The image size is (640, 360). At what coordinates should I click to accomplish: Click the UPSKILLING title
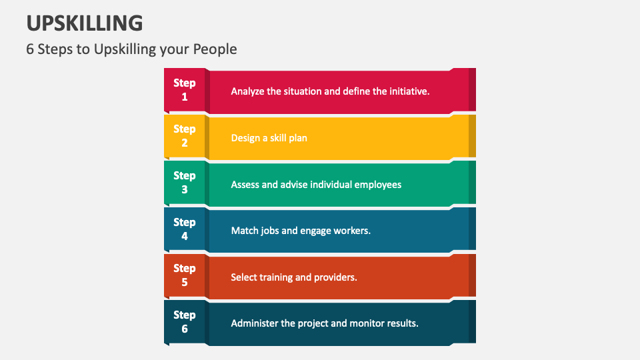pos(85,23)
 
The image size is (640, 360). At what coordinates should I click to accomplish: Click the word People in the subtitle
pos(215,49)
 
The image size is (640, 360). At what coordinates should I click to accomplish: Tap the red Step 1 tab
pos(185,90)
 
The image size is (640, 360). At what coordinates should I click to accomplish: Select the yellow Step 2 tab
pos(185,136)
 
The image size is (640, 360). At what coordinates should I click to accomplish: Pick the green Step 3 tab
pos(185,183)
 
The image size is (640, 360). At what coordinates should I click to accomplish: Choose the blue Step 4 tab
pos(185,229)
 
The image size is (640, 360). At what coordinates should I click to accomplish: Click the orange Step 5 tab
pos(185,275)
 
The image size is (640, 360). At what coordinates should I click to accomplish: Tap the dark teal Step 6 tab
pos(185,322)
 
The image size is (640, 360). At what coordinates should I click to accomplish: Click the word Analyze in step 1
pos(247,91)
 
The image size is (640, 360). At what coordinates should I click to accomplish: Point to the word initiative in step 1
pos(407,91)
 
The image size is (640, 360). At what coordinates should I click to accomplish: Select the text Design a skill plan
pos(269,138)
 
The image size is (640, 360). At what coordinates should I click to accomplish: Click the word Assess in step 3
pos(245,184)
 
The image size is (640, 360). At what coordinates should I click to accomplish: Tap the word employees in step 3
pos(377,184)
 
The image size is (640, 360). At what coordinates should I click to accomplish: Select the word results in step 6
pos(401,323)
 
